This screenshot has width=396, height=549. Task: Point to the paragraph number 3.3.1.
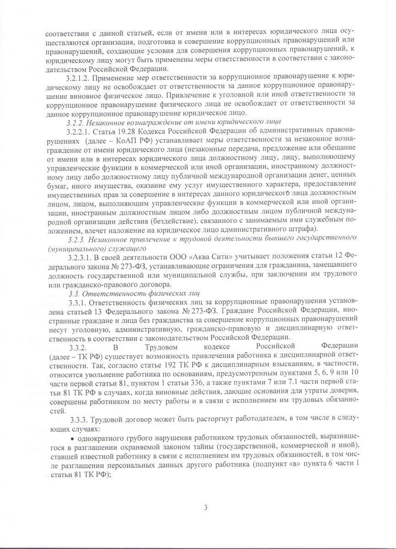tap(76, 302)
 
